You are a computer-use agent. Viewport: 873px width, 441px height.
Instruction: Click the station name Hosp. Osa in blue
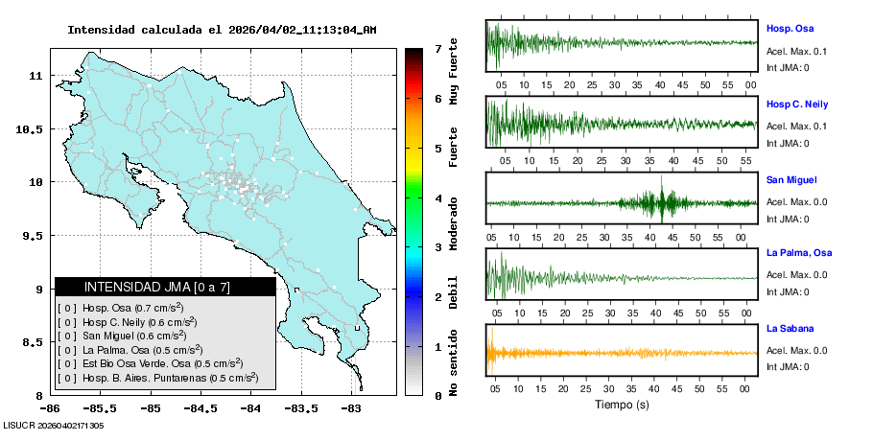[790, 29]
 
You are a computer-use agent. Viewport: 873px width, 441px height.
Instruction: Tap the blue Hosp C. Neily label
[797, 104]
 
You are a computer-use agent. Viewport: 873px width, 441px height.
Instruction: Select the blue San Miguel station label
[791, 179]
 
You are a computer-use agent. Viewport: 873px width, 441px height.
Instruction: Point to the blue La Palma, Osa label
[798, 253]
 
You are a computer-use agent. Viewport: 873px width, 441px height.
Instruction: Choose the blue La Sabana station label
[790, 329]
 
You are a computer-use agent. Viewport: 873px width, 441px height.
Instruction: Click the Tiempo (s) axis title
[622, 405]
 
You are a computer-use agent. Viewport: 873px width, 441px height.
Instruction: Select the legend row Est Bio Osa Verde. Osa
[151, 363]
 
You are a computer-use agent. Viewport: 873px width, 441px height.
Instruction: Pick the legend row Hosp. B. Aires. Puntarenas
[158, 378]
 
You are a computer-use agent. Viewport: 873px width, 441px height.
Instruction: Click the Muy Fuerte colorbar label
[454, 71]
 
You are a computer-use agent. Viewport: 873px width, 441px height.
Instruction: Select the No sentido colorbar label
[454, 365]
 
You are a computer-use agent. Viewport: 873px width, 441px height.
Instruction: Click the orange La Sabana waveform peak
[490, 353]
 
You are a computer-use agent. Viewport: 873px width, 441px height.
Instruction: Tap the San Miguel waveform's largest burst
[663, 202]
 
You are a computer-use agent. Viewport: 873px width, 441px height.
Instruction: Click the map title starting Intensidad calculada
[222, 30]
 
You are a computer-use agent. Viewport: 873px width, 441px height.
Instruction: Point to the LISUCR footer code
[54, 425]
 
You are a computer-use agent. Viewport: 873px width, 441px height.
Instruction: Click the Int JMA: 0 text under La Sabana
[788, 366]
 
